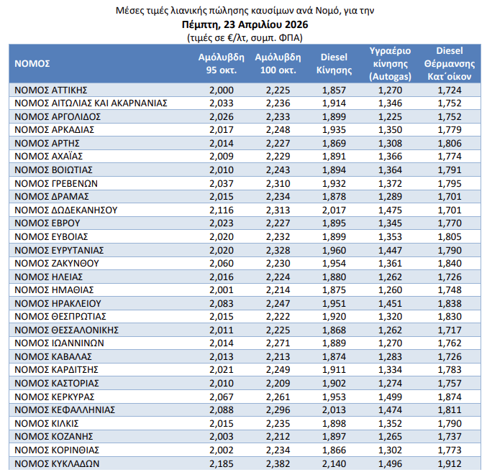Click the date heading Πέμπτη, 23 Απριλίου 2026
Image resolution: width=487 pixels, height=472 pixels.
click(244, 24)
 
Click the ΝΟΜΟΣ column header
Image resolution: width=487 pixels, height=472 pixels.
click(32, 63)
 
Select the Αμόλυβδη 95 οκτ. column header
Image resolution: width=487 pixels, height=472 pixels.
click(221, 63)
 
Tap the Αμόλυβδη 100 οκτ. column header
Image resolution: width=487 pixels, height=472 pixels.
click(277, 63)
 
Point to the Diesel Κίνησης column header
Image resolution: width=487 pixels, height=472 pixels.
click(334, 63)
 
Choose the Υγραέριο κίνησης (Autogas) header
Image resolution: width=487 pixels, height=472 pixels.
click(389, 63)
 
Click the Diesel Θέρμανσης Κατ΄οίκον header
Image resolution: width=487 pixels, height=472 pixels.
click(448, 63)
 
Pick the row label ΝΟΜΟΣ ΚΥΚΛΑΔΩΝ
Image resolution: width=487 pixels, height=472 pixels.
click(56, 463)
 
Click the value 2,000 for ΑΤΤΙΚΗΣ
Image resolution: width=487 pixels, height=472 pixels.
click(222, 90)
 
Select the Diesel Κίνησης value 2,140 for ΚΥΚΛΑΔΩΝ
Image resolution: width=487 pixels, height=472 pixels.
click(333, 463)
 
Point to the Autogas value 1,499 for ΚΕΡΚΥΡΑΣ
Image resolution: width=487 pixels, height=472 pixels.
click(390, 397)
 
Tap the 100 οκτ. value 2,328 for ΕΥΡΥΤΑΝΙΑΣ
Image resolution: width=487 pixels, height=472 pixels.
click(278, 250)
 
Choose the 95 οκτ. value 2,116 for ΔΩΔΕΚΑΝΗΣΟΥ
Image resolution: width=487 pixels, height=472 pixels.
click(222, 210)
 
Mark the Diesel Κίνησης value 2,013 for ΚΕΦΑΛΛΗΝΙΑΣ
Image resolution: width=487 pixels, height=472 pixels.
click(333, 410)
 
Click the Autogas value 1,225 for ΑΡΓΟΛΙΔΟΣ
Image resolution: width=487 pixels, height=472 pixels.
click(390, 116)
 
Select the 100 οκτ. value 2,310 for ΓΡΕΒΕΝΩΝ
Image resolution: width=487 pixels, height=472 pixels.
click(278, 183)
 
